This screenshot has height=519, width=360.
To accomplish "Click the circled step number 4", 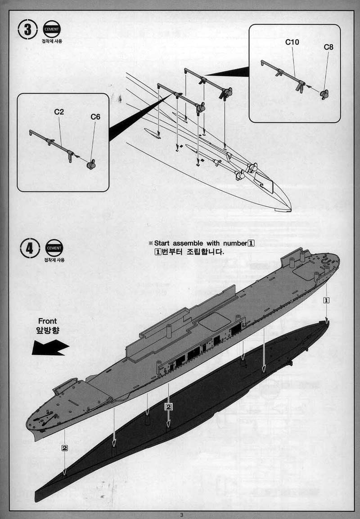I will tap(30, 248).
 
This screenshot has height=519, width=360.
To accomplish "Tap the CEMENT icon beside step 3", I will tap(51, 29).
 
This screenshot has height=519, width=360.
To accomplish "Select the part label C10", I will tap(292, 42).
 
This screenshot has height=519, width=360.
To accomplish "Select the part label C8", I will tap(328, 47).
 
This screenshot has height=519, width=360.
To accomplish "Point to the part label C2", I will tap(59, 112).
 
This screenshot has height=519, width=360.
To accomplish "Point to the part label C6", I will tap(95, 116).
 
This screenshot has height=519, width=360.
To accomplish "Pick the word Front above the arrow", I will tap(47, 321).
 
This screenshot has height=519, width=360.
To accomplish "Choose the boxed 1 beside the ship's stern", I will tap(327, 300).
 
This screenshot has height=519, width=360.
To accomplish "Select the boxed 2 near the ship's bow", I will tap(65, 448).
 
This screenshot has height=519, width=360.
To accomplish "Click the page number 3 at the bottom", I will tap(181, 515).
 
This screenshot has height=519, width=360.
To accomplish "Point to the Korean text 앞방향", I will tap(47, 330).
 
